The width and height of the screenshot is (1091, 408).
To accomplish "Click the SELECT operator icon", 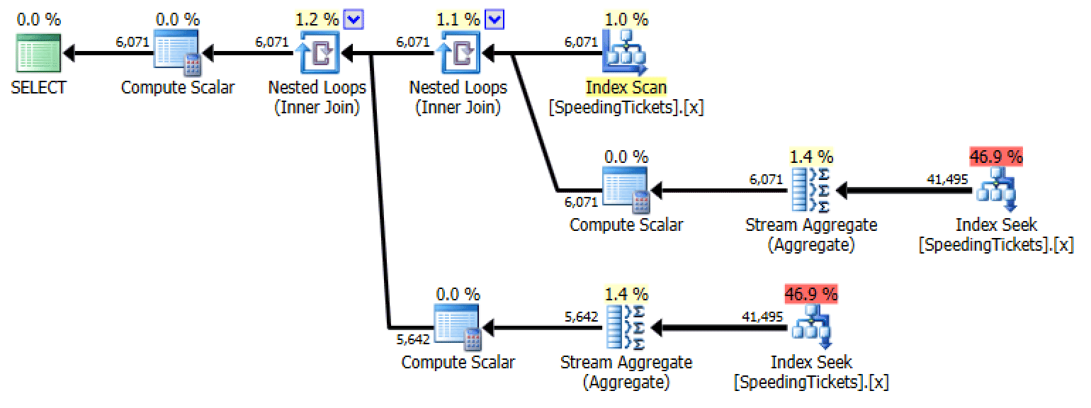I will pyautogui.click(x=38, y=52).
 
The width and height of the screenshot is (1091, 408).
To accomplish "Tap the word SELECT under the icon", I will pyautogui.click(x=38, y=88).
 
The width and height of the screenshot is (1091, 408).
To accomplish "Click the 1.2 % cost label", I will pyautogui.click(x=316, y=19).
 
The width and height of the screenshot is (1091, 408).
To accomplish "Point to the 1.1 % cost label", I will pyautogui.click(x=458, y=19).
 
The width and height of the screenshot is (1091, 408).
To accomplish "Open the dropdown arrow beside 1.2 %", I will pyautogui.click(x=353, y=20).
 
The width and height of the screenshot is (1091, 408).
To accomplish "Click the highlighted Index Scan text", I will pyautogui.click(x=626, y=88).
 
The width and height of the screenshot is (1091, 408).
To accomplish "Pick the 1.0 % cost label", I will pyautogui.click(x=626, y=19).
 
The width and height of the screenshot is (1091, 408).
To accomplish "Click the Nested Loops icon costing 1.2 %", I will pyautogui.click(x=317, y=52).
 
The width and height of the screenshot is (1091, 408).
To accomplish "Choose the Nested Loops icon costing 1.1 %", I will pyautogui.click(x=458, y=52).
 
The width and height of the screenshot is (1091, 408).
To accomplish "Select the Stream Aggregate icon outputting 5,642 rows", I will pyautogui.click(x=626, y=328).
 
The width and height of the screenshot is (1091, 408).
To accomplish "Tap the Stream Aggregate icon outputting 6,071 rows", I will pyautogui.click(x=810, y=190).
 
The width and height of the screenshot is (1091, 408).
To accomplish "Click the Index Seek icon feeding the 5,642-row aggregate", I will pyautogui.click(x=810, y=328).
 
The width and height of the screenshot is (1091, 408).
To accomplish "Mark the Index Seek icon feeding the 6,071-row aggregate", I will pyautogui.click(x=995, y=190).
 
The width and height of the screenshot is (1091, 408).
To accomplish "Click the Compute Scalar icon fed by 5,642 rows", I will pyautogui.click(x=458, y=328).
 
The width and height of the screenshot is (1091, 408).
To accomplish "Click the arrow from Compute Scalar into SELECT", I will pyautogui.click(x=106, y=52).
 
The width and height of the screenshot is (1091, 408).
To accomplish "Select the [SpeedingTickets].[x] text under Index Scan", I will pyautogui.click(x=626, y=108).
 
